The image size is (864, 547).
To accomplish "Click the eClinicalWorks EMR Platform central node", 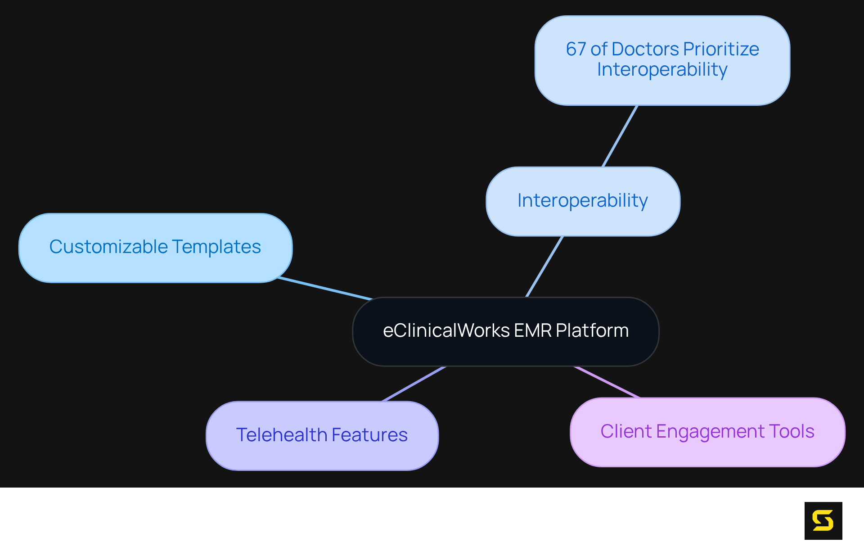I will [505, 331].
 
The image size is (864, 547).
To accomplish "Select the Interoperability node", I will [583, 201].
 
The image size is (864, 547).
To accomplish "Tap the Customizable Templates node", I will [155, 248].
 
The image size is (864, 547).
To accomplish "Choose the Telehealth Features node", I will [322, 435].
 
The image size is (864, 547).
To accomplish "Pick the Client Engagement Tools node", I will [707, 432].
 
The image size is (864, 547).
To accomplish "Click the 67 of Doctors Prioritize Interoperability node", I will [662, 60].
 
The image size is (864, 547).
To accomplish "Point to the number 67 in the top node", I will [576, 49].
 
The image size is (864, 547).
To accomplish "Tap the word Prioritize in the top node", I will [721, 49].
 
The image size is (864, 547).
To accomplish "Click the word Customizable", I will [108, 247].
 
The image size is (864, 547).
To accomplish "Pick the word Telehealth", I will [282, 435].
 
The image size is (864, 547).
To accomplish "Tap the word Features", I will [369, 435].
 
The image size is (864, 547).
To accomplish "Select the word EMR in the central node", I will [533, 330].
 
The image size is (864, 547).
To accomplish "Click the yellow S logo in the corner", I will [823, 520].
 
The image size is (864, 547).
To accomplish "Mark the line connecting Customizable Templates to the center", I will [325, 289].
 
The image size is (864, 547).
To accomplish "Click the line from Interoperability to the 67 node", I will [620, 136].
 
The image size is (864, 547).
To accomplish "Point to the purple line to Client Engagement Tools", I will [607, 382].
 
